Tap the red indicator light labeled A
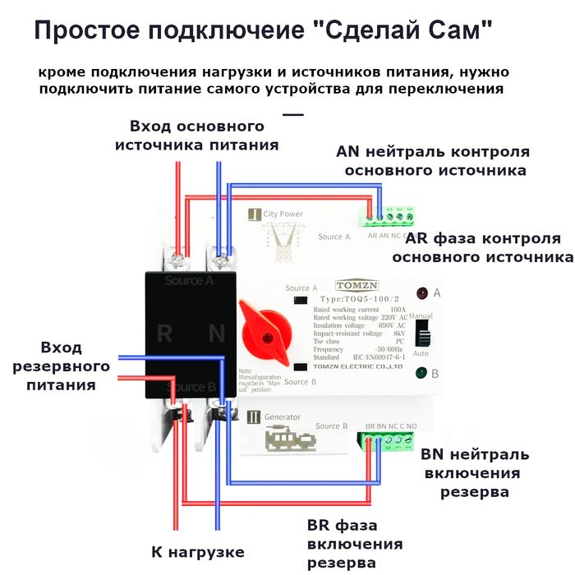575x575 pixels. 421,292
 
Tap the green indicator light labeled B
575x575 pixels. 421,373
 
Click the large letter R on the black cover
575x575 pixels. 164,333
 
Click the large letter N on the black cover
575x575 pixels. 216,333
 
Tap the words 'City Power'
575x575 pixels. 283,214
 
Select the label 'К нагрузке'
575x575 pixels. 198,551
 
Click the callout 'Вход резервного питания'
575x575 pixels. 75,366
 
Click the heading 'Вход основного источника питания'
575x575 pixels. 196,136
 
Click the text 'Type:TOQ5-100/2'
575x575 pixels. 356,299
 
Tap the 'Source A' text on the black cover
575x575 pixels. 189,280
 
